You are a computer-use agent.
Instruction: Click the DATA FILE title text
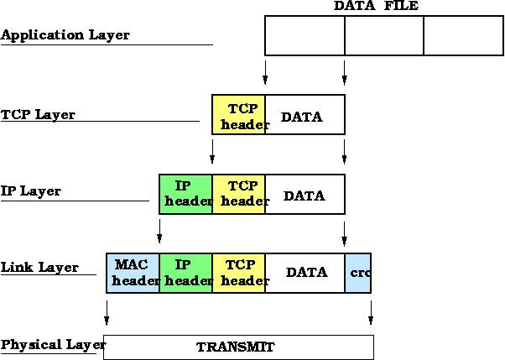click(x=376, y=6)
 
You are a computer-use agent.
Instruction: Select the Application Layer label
click(x=65, y=36)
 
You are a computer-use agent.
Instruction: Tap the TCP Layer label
click(x=39, y=115)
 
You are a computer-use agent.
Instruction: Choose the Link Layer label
click(x=39, y=269)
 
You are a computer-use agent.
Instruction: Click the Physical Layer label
click(x=52, y=345)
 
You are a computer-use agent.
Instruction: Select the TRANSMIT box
click(x=238, y=347)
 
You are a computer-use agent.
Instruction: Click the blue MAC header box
click(x=133, y=273)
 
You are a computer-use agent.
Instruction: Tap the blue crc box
click(x=357, y=273)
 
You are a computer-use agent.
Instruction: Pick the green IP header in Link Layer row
click(x=185, y=273)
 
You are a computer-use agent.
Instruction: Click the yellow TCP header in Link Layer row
click(x=239, y=273)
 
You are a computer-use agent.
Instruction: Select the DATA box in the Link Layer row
click(x=305, y=273)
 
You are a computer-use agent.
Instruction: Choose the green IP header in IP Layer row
click(x=185, y=194)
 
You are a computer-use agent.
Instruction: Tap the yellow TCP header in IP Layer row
click(x=239, y=194)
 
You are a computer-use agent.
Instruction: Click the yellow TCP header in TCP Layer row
click(x=239, y=115)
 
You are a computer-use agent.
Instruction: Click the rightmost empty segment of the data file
click(x=463, y=35)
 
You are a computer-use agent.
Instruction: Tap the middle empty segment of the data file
click(x=383, y=35)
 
